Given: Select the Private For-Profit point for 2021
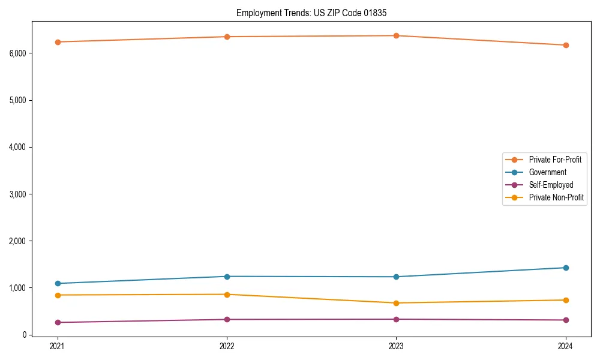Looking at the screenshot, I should [x=58, y=42].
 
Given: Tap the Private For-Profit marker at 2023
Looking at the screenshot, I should [x=396, y=36].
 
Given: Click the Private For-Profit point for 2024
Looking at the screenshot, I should [x=565, y=45].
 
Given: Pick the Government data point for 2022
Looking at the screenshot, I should [x=227, y=277].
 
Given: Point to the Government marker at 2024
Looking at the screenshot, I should [x=565, y=268].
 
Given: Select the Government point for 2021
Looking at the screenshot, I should [x=58, y=283].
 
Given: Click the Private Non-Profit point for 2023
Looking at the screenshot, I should [x=396, y=303].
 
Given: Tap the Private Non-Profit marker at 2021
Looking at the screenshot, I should [x=58, y=295].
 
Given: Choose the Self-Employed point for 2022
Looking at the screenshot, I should [x=227, y=319].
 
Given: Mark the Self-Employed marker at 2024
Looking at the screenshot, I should [x=565, y=320].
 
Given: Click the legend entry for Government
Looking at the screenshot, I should [x=547, y=172].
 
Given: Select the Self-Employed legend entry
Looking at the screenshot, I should [x=551, y=185].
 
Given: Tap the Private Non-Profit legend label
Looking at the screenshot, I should [x=556, y=197].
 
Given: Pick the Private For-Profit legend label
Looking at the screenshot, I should [x=555, y=160].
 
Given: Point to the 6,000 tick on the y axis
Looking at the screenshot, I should [x=17, y=53].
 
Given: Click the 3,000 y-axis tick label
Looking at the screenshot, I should [x=17, y=194].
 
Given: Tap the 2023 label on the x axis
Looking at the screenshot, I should [x=396, y=346].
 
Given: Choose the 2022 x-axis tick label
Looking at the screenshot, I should [x=227, y=346].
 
